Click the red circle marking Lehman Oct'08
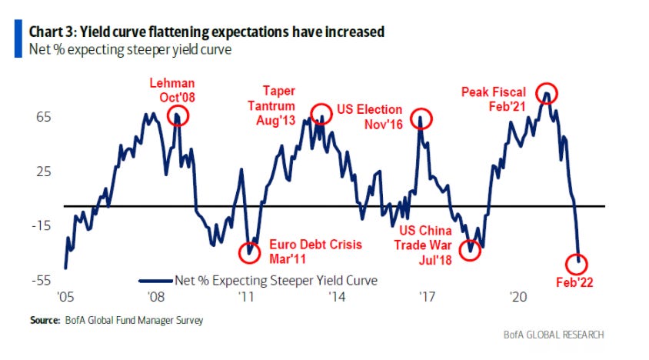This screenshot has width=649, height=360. tap(178, 118)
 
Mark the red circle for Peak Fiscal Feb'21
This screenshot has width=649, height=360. tap(547, 92)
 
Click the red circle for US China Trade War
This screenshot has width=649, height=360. tap(471, 249)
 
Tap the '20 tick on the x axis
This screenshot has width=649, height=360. tap(518, 296)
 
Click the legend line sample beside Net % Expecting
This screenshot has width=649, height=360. tap(156, 280)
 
